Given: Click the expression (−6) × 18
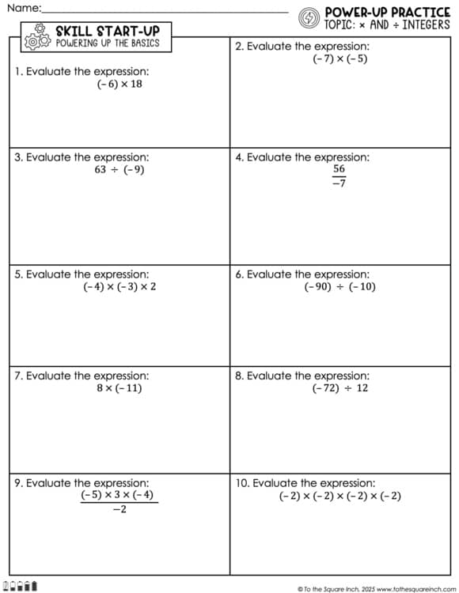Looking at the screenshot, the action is pyautogui.click(x=120, y=84).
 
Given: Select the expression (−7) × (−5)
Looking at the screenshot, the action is pyautogui.click(x=340, y=59).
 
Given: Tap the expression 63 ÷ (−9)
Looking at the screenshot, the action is pyautogui.click(x=119, y=169).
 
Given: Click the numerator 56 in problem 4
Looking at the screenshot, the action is pyautogui.click(x=339, y=169).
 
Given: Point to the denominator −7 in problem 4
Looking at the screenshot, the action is pyautogui.click(x=339, y=183).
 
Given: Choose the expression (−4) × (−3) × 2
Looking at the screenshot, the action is pyautogui.click(x=119, y=286).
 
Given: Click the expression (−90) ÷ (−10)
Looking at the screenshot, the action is pyautogui.click(x=340, y=286).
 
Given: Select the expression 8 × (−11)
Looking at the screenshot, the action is pyautogui.click(x=119, y=388).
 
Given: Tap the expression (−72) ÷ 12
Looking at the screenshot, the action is pyautogui.click(x=340, y=388).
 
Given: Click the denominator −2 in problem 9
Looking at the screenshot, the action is pyautogui.click(x=119, y=510).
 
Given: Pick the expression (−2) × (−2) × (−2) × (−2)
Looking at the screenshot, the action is pyautogui.click(x=340, y=496).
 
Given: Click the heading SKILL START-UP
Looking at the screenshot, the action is pyautogui.click(x=102, y=31).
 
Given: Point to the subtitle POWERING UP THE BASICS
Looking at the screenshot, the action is pyautogui.click(x=108, y=43).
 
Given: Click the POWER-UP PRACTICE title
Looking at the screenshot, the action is pyautogui.click(x=387, y=12).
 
